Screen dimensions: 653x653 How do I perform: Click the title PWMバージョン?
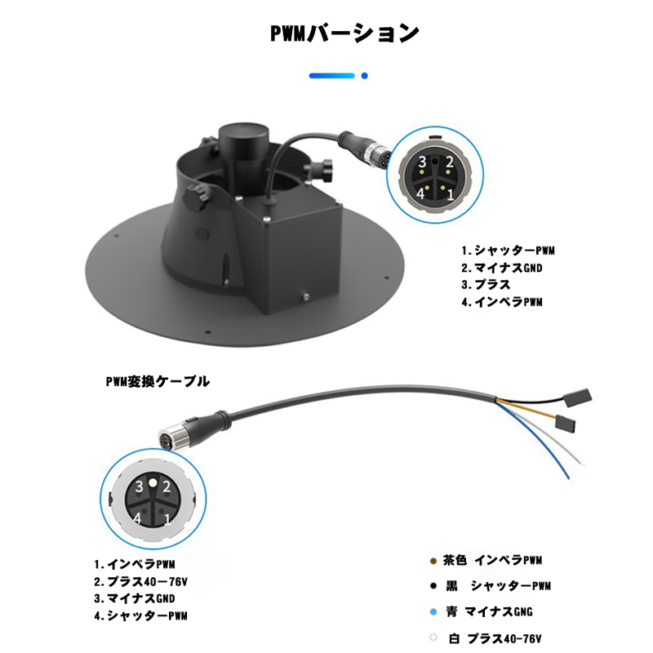click(344, 33)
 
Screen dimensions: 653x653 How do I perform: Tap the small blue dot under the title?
click(364, 76)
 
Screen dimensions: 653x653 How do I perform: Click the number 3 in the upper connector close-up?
click(422, 162)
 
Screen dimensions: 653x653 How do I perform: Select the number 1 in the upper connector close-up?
click(451, 194)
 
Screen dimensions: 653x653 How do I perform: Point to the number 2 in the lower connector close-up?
click(167, 486)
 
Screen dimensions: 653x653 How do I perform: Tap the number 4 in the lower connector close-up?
click(138, 518)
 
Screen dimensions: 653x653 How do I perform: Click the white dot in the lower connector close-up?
click(153, 483)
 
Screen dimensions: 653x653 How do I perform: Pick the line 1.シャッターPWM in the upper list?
click(508, 251)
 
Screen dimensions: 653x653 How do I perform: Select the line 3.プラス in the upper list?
click(486, 285)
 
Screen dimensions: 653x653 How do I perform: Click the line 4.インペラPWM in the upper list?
click(502, 302)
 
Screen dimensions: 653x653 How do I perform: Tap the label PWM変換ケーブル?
click(158, 381)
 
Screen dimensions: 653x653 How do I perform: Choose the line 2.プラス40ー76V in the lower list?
click(140, 581)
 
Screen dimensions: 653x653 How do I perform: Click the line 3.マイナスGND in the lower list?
click(135, 598)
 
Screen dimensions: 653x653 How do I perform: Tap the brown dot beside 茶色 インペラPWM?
click(433, 562)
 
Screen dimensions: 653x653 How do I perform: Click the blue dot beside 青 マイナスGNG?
click(433, 612)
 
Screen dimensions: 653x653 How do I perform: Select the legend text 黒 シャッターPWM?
click(498, 586)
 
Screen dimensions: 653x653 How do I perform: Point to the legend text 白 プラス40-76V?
click(495, 638)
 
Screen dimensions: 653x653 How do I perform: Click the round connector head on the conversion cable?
click(167, 439)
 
